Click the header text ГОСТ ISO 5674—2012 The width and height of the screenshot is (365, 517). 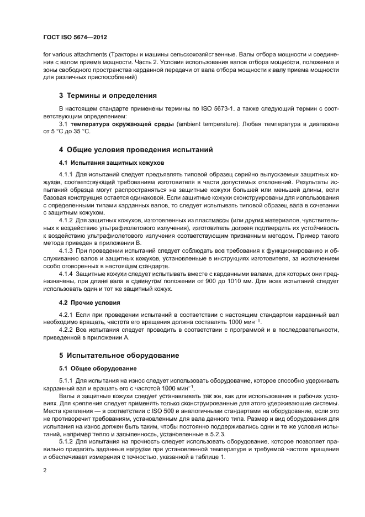click(x=75, y=38)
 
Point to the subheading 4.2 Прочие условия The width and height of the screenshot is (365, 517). click(x=87, y=303)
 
